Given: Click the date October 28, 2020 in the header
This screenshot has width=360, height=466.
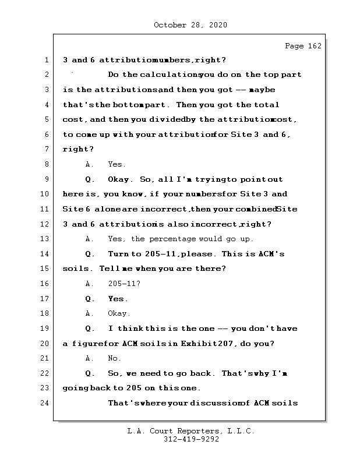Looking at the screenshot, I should tap(190, 25).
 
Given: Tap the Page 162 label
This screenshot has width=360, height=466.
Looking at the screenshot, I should tap(303, 46).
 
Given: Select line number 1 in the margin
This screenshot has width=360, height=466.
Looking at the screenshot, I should tap(46, 60).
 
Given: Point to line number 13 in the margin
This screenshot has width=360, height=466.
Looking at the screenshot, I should tap(46, 239).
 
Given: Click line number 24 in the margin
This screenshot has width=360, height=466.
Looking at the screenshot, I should tap(46, 403).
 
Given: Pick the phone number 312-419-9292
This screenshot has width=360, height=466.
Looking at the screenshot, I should tap(190, 440).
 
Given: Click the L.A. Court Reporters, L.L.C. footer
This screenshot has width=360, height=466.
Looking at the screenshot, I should tap(190, 431).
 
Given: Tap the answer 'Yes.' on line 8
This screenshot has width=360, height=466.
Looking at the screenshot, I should tap(117, 164).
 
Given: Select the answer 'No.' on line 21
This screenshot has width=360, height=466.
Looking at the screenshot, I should tap(115, 358).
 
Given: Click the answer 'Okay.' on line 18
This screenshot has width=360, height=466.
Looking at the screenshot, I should tap(119, 313).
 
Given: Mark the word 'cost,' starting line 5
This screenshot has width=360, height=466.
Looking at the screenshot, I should tap(74, 119).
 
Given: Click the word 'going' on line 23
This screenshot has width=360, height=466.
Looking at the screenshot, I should tap(74, 389).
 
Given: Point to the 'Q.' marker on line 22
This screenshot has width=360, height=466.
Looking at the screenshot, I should tap(90, 373).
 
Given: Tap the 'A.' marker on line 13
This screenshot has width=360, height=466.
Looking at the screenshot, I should tap(90, 239).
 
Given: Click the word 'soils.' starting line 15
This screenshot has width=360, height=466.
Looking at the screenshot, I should tap(76, 269).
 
